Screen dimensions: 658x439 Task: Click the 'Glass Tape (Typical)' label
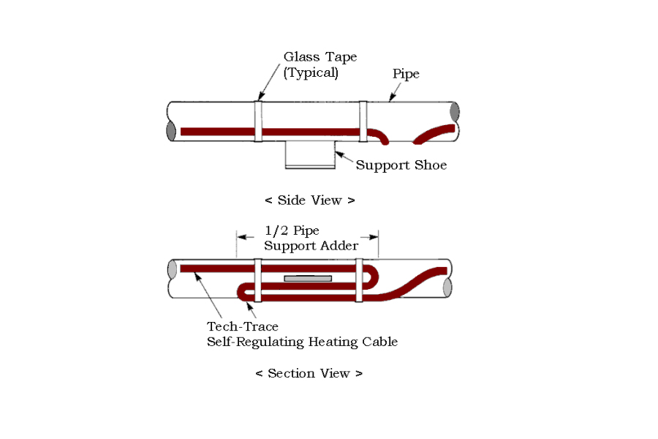(x=320, y=64)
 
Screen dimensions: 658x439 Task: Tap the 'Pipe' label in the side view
(x=406, y=74)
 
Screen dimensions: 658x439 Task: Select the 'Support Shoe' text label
(x=401, y=165)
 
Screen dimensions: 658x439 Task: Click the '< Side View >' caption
(x=310, y=200)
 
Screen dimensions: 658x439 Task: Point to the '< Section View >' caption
(x=309, y=373)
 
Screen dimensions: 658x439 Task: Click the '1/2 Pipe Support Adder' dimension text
(x=311, y=239)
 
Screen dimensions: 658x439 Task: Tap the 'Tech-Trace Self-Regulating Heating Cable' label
(x=302, y=334)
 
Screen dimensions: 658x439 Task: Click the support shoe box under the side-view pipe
(x=310, y=155)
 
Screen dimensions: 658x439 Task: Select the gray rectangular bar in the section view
(x=308, y=279)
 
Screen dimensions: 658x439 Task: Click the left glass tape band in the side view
(x=259, y=121)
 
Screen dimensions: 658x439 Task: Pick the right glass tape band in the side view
(x=363, y=121)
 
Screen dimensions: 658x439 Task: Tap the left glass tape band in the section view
(x=257, y=280)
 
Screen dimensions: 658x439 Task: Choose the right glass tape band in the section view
(x=359, y=280)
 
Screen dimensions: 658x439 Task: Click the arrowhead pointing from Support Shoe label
(x=339, y=154)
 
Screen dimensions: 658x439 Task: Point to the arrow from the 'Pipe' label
(x=395, y=92)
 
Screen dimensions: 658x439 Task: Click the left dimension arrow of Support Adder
(x=246, y=237)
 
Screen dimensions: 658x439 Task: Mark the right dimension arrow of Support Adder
(x=369, y=237)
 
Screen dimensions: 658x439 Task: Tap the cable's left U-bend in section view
(x=241, y=293)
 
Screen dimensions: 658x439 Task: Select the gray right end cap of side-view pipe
(x=455, y=112)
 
